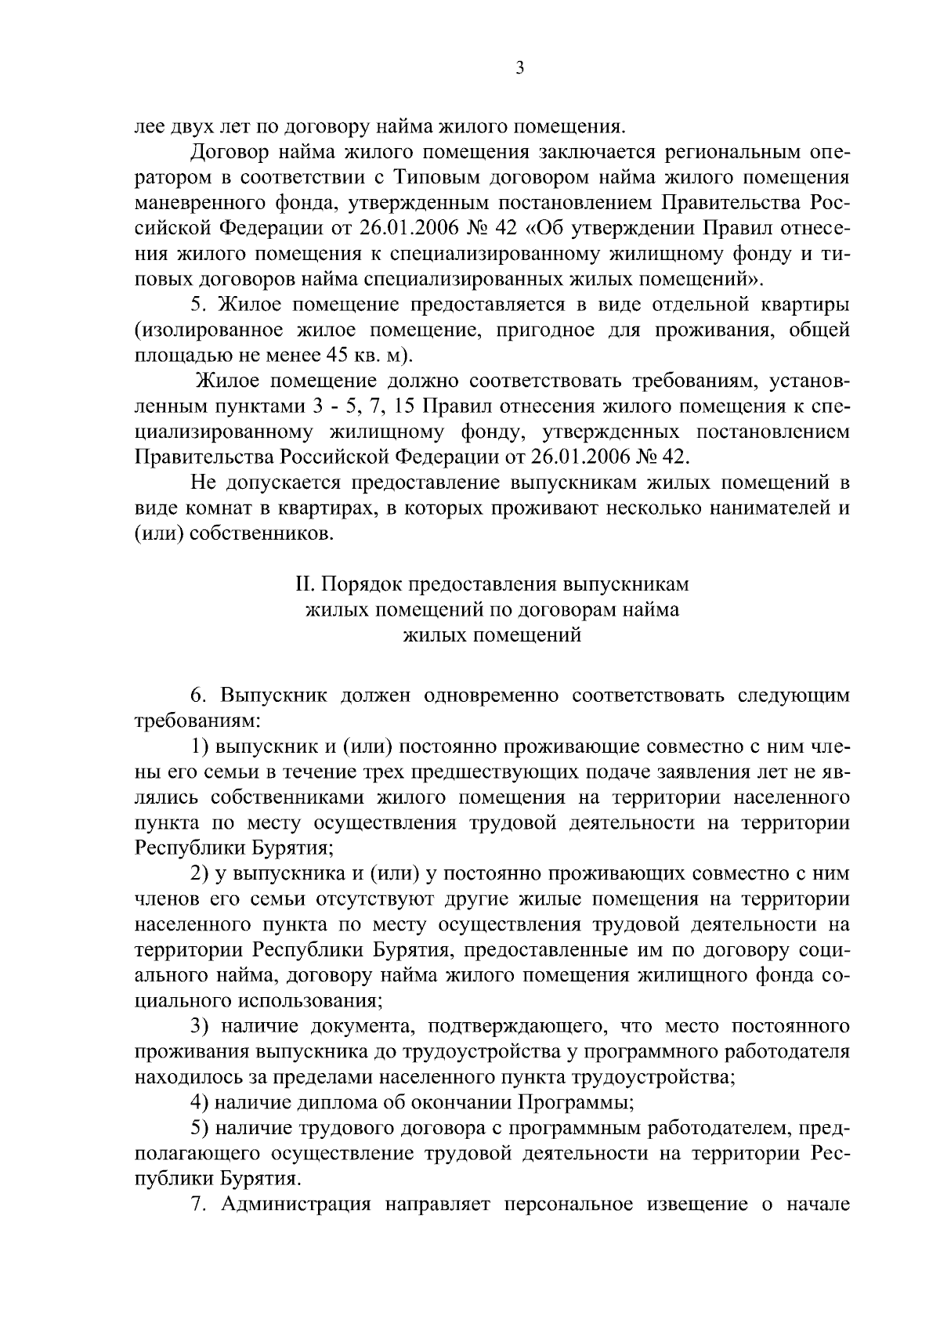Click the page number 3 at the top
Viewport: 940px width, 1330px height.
tap(520, 69)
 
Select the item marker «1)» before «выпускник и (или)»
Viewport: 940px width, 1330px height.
tap(201, 746)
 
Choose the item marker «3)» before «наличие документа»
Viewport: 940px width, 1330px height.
tap(201, 1026)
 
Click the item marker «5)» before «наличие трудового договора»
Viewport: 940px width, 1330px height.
tap(201, 1128)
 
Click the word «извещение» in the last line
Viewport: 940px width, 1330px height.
tap(692, 1205)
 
